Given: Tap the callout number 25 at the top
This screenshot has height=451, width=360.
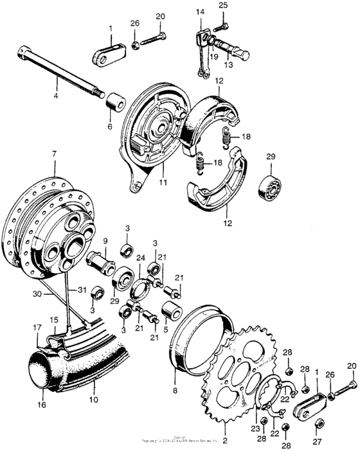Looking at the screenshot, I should coord(223,5).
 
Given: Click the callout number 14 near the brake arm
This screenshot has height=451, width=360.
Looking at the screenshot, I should coord(199,12).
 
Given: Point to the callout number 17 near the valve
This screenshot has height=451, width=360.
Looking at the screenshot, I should coord(37,328).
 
